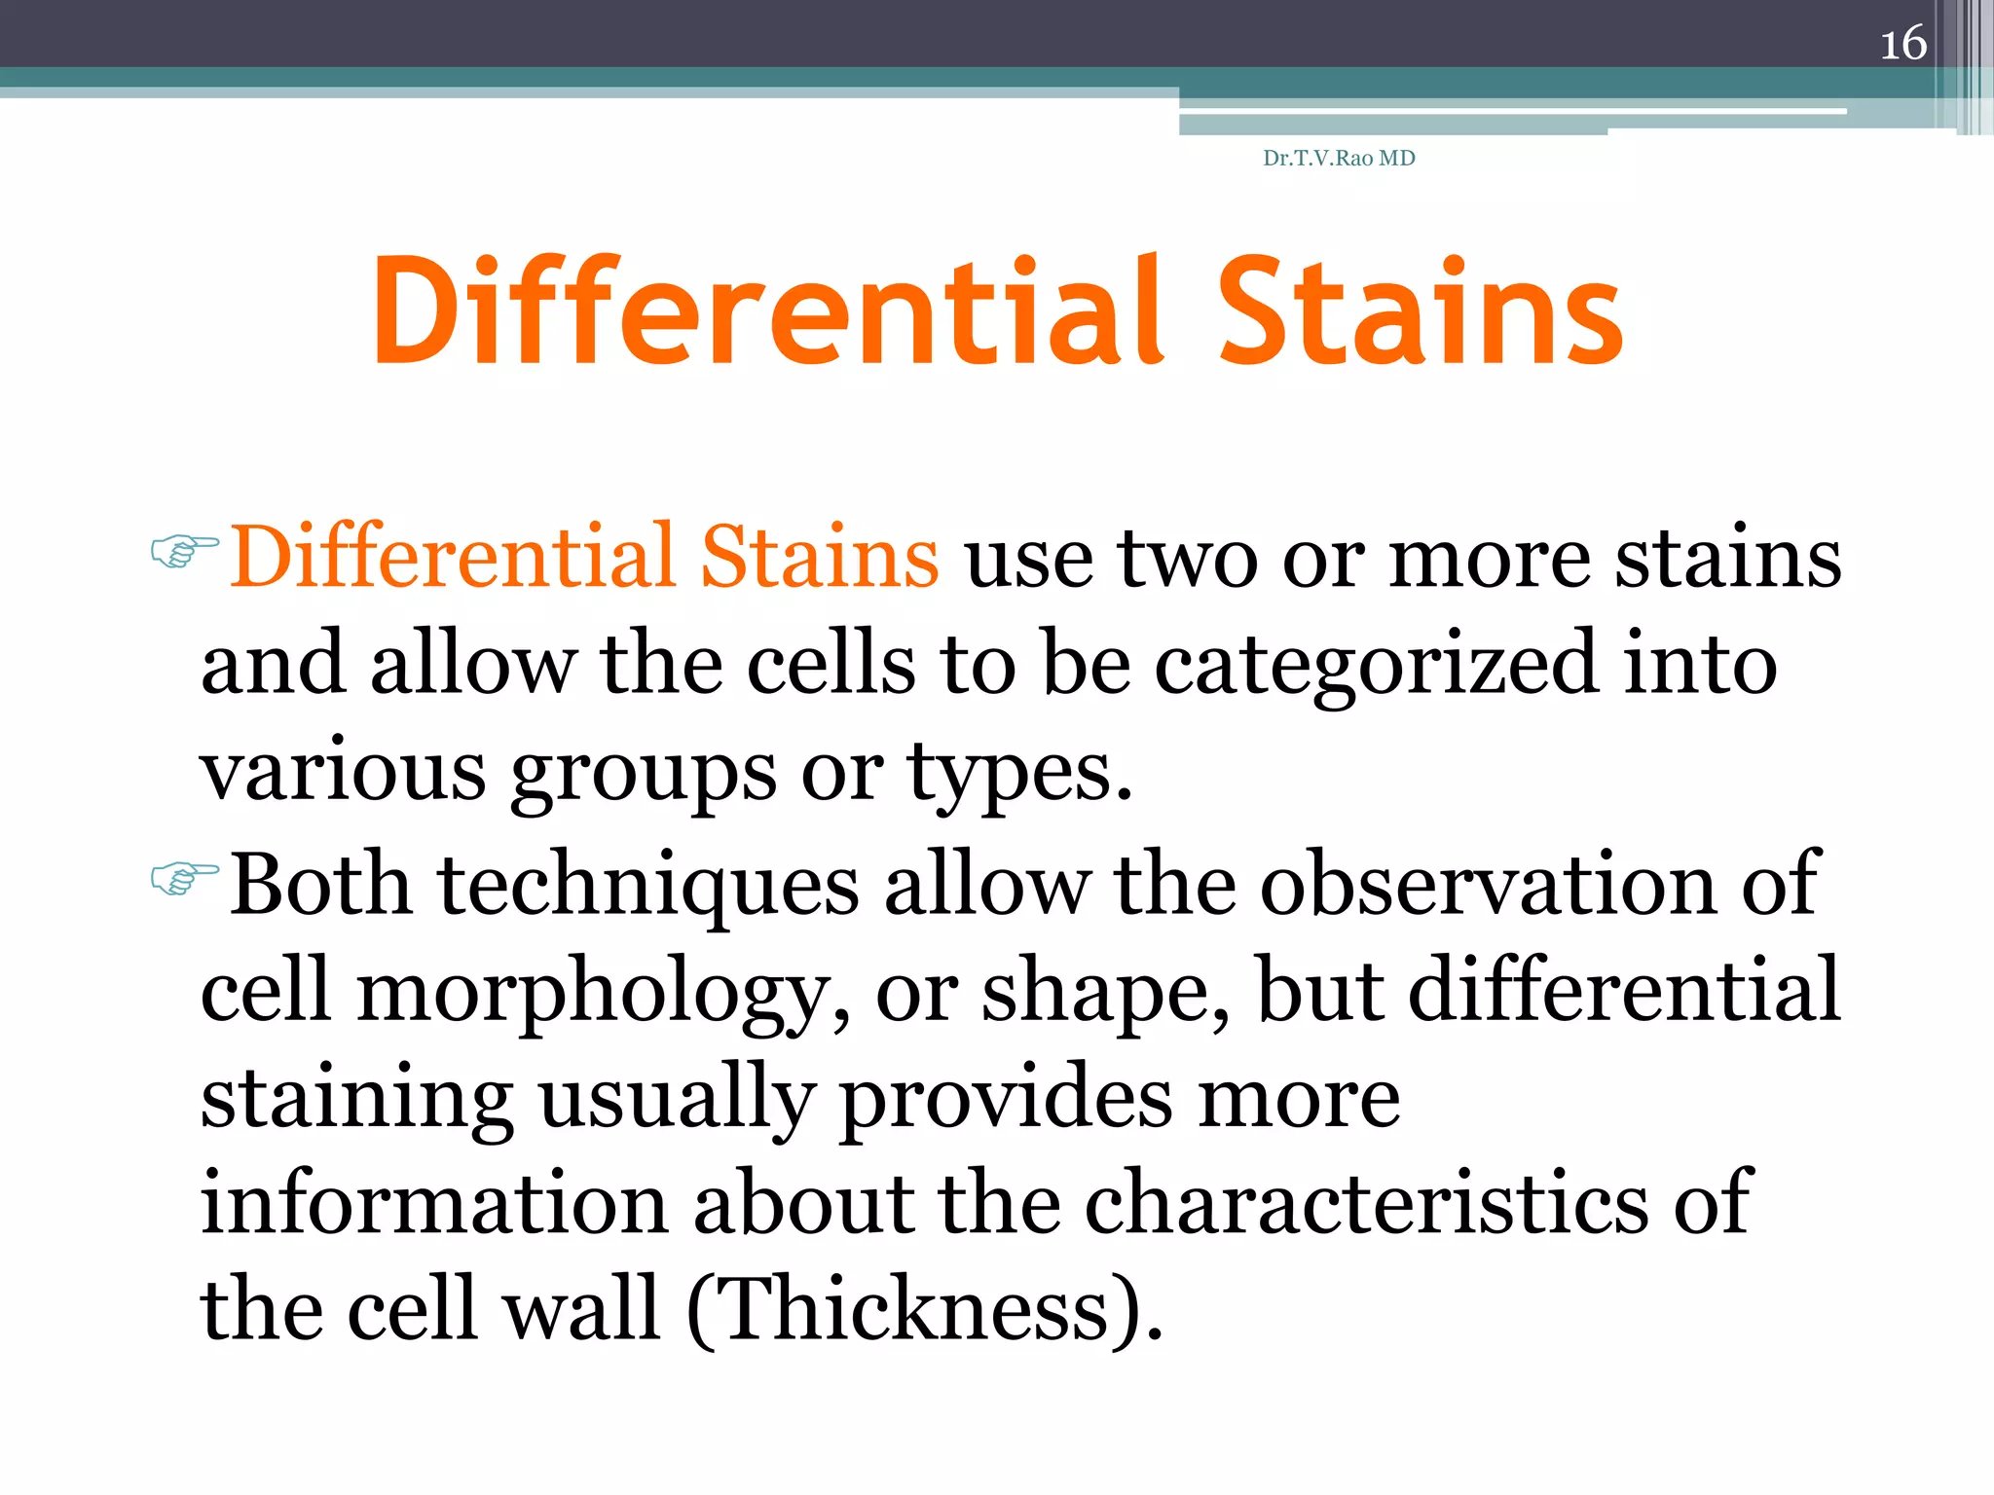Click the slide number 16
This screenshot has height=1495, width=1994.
click(x=1902, y=44)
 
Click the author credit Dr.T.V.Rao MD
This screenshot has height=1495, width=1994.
click(x=1338, y=158)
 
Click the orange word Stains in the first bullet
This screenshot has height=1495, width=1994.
click(x=819, y=557)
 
